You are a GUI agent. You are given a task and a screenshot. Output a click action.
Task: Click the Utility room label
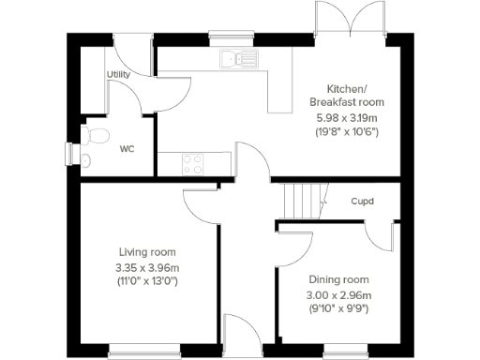click(x=118, y=74)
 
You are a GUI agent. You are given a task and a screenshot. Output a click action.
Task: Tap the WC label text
click(x=127, y=148)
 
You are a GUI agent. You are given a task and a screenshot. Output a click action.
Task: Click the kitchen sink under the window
click(x=238, y=59)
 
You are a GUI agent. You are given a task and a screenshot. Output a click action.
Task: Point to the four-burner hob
click(x=193, y=164)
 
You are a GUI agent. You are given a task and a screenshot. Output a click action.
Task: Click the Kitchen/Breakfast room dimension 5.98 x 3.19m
click(x=346, y=117)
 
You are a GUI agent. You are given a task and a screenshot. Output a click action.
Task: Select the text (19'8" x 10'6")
click(x=346, y=132)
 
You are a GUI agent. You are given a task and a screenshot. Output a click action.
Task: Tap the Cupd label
click(x=363, y=201)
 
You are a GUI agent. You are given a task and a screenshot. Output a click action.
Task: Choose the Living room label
click(x=147, y=252)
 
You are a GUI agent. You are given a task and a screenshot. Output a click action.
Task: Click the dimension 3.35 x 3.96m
click(x=147, y=266)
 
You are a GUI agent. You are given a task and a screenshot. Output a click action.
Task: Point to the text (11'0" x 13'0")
click(x=147, y=280)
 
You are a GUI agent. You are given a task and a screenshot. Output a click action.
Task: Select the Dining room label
click(x=338, y=279)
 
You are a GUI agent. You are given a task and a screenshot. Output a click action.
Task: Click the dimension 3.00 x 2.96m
click(x=338, y=293)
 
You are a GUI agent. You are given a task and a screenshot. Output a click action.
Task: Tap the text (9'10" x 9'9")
click(x=338, y=307)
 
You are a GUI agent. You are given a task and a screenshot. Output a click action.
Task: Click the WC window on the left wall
click(x=69, y=152)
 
